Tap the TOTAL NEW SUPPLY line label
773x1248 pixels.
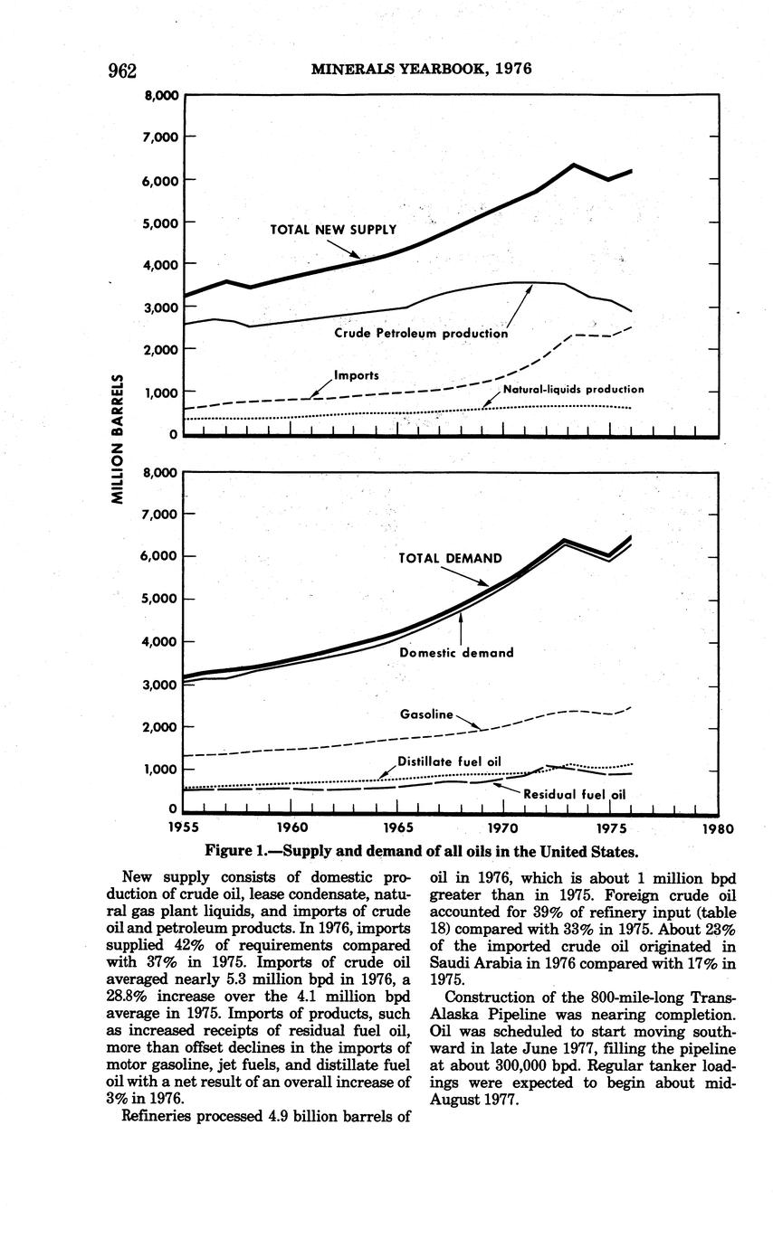coord(333,230)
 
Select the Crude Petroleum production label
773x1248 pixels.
coord(421,333)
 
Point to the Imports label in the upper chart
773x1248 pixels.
coord(356,374)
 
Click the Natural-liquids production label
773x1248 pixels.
coord(573,389)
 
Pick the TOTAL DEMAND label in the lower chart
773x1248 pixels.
coord(450,558)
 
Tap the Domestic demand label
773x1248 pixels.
coord(456,652)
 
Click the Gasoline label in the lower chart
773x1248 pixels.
coord(425,714)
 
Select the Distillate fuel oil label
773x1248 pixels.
coord(449,761)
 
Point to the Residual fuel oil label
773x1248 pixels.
coord(576,795)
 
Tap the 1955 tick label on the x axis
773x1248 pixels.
coord(185,827)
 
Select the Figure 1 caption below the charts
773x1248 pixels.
coord(421,851)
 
